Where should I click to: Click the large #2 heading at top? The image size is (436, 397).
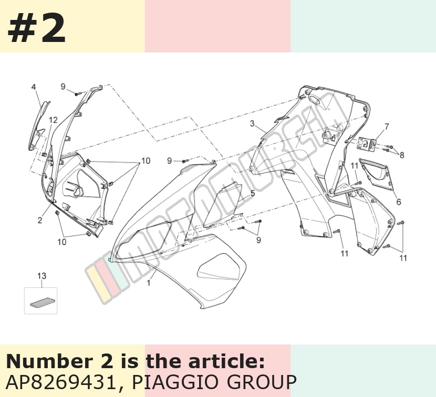(37, 29)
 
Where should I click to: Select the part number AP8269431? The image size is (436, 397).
(60, 382)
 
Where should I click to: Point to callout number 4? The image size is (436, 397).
(34, 87)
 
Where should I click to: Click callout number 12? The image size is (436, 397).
(53, 120)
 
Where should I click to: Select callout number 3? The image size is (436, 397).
(252, 123)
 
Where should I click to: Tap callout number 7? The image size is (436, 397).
(387, 126)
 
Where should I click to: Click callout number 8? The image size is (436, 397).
(402, 155)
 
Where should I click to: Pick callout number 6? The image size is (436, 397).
(399, 202)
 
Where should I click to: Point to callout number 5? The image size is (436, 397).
(253, 193)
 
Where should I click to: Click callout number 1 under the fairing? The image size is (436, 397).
(149, 283)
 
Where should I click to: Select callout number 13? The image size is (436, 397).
(41, 276)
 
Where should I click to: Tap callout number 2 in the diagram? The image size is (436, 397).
(40, 220)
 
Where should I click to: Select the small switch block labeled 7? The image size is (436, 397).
(367, 144)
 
